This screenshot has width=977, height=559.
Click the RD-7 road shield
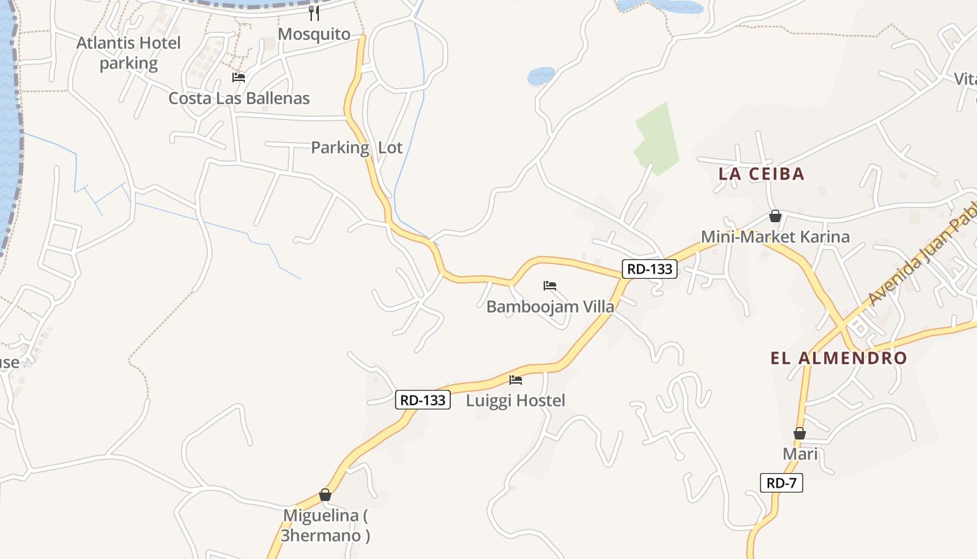point(782,482)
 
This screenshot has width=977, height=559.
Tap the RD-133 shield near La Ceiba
point(650,268)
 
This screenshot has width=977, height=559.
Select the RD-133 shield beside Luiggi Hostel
point(423,400)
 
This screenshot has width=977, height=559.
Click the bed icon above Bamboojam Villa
point(550,286)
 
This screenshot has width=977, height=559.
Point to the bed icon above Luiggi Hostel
point(516,380)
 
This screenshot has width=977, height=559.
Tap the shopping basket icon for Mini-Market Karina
point(775,217)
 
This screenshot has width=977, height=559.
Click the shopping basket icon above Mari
point(800,433)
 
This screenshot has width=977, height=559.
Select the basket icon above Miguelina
point(325,495)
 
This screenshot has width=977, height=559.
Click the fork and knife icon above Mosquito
point(314,13)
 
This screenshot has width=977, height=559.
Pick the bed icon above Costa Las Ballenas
point(239,78)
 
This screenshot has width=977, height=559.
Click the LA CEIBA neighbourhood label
point(761,174)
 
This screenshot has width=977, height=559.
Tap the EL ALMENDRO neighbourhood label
point(839,358)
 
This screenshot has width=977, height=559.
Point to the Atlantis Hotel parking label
point(128,53)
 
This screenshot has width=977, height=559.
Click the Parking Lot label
point(357,147)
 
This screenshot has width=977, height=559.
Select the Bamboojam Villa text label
point(550,306)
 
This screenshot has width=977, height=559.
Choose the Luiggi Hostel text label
point(515,400)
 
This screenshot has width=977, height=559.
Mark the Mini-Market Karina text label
point(775,237)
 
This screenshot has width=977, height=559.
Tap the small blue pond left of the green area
point(541,75)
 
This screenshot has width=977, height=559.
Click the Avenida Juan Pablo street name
point(921,252)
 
